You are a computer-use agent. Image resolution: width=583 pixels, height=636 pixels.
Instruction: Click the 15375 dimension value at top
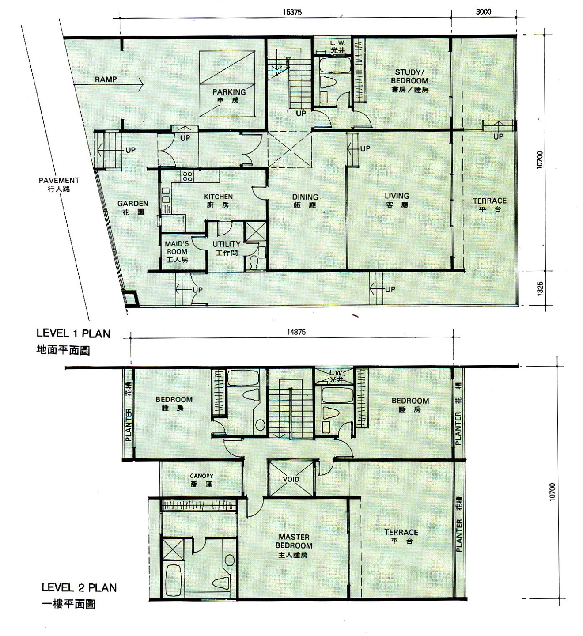point(292,12)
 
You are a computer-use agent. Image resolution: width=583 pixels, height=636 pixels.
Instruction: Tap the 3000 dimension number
point(483,12)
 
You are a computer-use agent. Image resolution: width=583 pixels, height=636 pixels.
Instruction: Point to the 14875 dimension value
point(296,332)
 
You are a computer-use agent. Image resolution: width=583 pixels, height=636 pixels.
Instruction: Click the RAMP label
point(106,79)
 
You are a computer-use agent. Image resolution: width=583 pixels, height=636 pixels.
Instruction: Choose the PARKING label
point(229,92)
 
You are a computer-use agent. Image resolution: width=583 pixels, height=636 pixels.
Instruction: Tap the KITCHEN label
point(218,197)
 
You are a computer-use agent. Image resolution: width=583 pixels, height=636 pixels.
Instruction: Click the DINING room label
point(305,197)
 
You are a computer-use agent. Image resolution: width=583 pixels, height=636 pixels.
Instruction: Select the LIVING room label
point(397,196)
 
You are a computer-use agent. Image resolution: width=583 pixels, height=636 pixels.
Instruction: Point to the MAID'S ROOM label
point(177,248)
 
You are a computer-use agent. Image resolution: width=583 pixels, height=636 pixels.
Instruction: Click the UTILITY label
point(227,244)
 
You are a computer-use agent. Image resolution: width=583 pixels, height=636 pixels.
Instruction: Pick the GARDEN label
point(133,204)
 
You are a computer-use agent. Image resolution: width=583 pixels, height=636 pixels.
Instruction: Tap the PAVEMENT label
point(59,180)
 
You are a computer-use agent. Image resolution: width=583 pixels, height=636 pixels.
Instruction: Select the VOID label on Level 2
point(291,479)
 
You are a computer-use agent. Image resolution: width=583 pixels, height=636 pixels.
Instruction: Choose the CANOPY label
point(202,476)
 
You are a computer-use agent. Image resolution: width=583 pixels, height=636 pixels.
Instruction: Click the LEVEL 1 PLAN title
point(73,333)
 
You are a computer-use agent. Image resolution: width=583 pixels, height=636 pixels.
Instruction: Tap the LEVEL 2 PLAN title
point(79,587)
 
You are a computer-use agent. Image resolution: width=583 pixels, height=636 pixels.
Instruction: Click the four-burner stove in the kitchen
point(187,176)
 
